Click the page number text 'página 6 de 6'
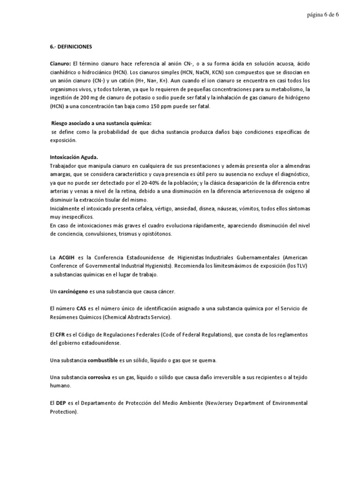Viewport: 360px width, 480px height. coord(323,15)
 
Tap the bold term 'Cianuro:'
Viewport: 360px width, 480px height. coord(60,63)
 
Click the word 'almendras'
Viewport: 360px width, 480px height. coord(295,166)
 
